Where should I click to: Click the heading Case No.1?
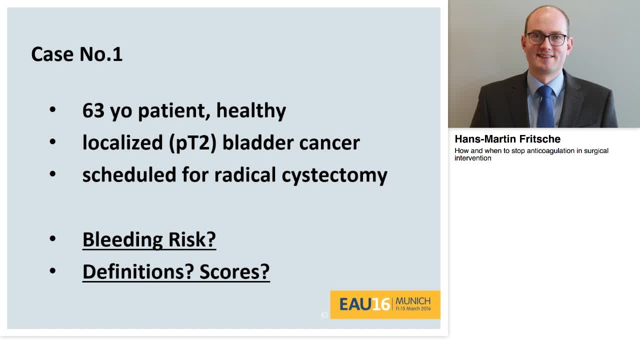click(77, 54)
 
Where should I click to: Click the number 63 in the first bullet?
click(93, 110)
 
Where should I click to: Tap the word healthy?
click(251, 111)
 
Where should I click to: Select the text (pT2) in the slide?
click(193, 143)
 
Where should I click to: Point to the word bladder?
click(258, 142)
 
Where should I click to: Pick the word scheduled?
click(129, 174)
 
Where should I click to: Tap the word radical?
click(245, 174)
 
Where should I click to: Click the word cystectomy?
click(334, 176)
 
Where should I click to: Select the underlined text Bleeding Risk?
click(149, 239)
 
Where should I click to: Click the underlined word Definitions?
click(138, 271)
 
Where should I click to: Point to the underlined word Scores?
click(234, 271)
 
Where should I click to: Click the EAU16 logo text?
click(364, 304)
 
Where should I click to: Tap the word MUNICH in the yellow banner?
click(413, 301)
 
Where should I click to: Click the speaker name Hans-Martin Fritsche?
click(507, 139)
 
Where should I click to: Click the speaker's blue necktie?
click(545, 107)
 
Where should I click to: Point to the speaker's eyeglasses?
click(546, 39)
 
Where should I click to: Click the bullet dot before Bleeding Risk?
click(52, 239)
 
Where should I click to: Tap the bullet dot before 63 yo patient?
click(52, 109)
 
